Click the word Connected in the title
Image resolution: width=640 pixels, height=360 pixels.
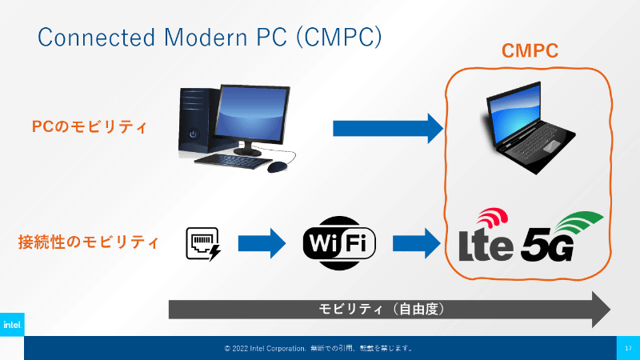point(96,37)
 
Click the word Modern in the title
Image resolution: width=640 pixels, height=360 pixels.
point(206,37)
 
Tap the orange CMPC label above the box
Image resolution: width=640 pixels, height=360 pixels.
point(530,51)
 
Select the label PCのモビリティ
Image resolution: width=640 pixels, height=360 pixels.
point(89,126)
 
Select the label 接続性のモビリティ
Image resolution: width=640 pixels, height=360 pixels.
point(88,242)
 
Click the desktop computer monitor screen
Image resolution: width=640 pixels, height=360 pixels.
point(251,113)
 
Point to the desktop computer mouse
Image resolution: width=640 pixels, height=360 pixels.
point(278,167)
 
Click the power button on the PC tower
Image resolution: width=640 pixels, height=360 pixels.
point(193,134)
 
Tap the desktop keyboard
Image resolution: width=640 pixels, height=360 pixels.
point(230,162)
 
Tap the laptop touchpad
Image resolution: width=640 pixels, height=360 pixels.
point(551,146)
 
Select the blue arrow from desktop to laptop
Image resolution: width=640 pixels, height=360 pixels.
point(388,129)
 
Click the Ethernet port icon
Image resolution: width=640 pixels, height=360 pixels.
point(203,244)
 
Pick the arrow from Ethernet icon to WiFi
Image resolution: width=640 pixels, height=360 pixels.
point(262,244)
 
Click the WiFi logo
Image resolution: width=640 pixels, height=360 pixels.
point(339,243)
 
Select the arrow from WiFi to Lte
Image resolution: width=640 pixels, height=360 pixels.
point(417,244)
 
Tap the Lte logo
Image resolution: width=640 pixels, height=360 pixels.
point(486,237)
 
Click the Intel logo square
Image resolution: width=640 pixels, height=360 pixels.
point(12,325)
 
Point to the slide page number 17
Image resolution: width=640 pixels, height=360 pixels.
point(628,348)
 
